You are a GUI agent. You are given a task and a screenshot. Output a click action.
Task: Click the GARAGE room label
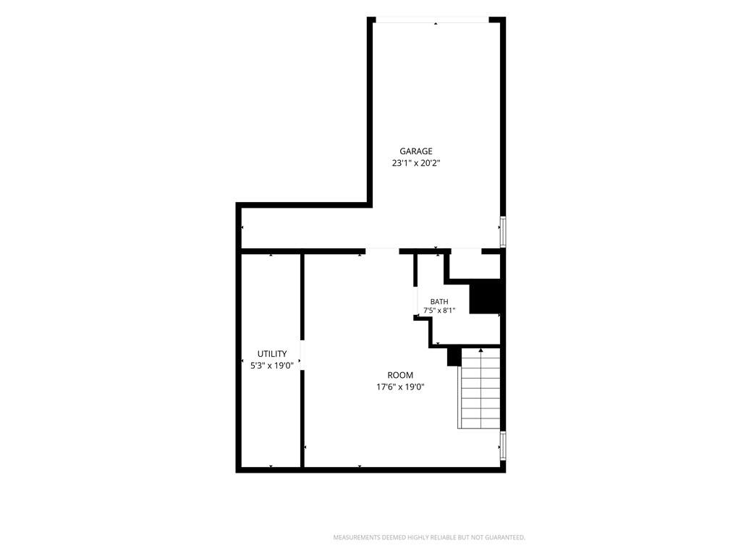click(416, 151)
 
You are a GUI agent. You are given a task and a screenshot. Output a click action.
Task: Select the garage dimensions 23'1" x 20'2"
click(416, 163)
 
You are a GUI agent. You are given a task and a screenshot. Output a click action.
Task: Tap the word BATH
click(439, 302)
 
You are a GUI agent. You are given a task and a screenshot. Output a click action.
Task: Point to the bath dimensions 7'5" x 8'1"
click(439, 311)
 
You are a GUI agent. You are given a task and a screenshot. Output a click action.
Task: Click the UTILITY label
click(272, 353)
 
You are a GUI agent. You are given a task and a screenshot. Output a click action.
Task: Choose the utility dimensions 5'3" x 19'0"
click(272, 365)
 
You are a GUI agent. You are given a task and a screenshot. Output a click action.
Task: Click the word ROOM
click(400, 376)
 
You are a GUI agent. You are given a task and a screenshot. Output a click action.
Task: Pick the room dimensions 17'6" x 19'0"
click(400, 387)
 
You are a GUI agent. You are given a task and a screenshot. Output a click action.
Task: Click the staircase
click(479, 389)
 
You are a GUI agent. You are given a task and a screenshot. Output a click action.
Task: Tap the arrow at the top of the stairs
click(481, 351)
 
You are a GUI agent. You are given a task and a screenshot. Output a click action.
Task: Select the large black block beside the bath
click(486, 296)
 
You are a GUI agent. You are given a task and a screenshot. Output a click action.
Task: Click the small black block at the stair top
click(454, 356)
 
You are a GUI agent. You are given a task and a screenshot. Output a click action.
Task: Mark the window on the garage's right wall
click(504, 232)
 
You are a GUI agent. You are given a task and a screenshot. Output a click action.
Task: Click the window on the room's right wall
click(504, 446)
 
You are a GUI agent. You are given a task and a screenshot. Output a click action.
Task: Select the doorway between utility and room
click(302, 355)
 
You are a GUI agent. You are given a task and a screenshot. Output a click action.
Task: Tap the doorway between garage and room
click(382, 251)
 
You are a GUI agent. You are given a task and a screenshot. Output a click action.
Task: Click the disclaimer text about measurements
click(429, 538)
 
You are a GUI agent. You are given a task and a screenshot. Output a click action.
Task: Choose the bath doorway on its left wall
click(415, 301)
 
